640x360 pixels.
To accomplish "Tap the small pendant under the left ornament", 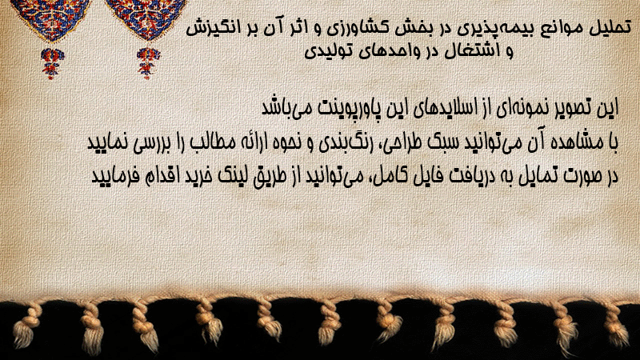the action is tap(51, 63).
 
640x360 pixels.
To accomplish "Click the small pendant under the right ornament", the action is tap(148, 63).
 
